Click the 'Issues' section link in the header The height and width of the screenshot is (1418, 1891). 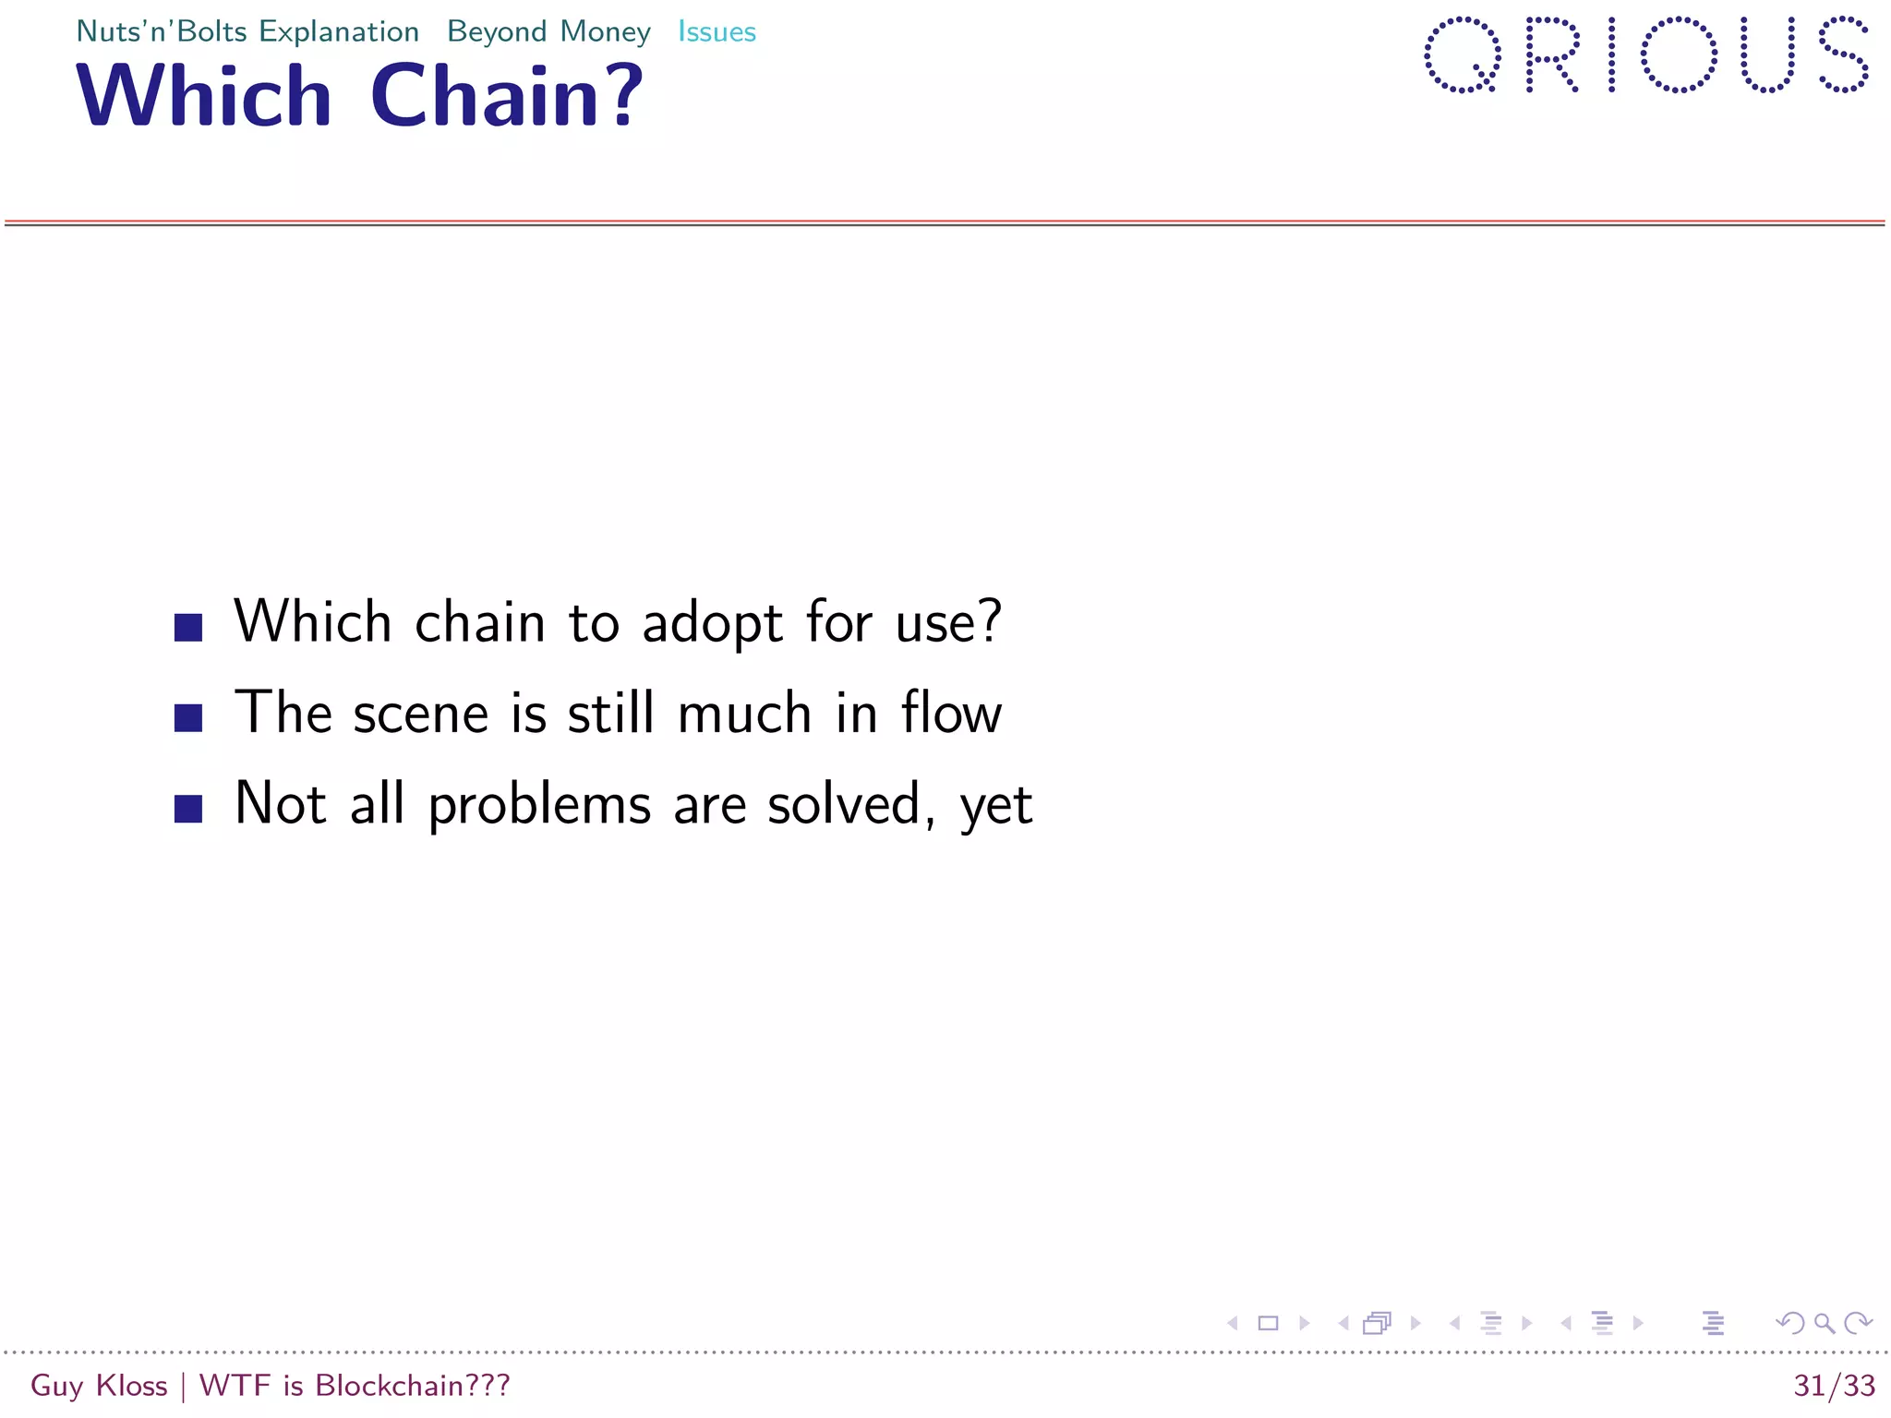pos(717,32)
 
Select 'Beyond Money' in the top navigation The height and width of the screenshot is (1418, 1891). pos(548,32)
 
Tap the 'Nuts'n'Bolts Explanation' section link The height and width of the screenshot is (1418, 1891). pos(247,32)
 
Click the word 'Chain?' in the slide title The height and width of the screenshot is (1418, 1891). pos(506,96)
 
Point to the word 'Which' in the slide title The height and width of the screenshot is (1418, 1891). pos(204,96)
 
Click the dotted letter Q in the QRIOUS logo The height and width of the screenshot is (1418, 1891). pos(1463,55)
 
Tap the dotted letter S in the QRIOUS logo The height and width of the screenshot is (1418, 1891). pos(1843,55)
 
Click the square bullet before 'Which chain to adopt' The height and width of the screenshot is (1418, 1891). pos(188,628)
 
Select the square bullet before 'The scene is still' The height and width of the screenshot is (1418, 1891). pos(188,718)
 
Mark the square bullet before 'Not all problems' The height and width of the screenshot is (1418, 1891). pos(188,809)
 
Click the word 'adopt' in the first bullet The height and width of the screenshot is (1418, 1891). pos(712,623)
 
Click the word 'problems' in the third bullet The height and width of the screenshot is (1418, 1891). pos(539,805)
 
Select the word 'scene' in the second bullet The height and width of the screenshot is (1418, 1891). pos(420,715)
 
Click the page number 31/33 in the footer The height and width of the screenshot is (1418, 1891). pos(1834,1386)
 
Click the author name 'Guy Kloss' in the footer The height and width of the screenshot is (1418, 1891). pos(99,1386)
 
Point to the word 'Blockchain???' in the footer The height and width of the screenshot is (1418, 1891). pos(412,1386)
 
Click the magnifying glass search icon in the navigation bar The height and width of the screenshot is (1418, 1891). pos(1825,1323)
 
